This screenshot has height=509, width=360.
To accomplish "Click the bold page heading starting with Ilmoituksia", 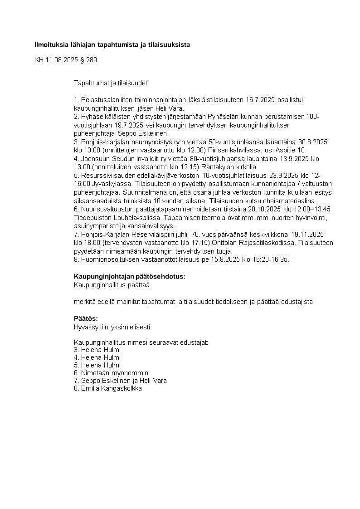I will tap(112, 45).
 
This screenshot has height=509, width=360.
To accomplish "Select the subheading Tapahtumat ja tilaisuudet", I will tap(111, 83).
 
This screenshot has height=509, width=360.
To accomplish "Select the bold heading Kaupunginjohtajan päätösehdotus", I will tap(130, 277).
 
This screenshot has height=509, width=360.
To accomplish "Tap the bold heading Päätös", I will tap(86, 318).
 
